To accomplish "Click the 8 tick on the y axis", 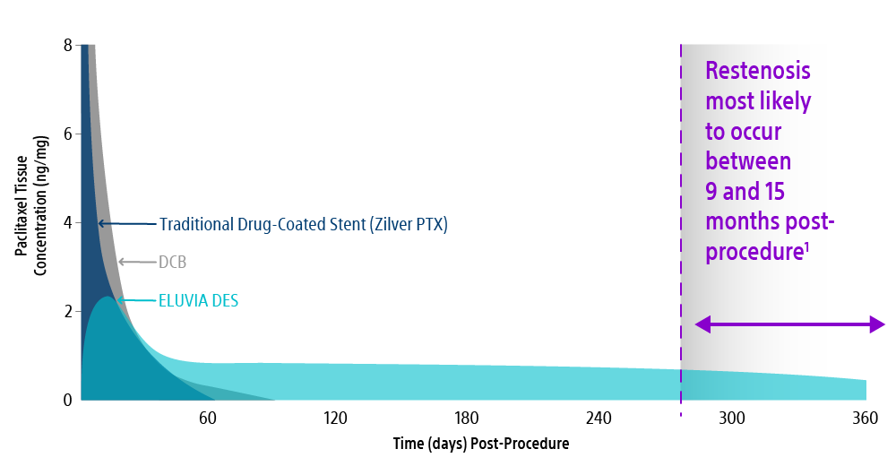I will coord(67,45).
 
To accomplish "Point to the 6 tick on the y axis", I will coord(67,134).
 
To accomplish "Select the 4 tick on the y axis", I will coord(67,222).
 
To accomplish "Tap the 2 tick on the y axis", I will coord(67,311).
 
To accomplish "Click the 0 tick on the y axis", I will coord(67,400).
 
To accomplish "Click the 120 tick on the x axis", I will coord(336,418).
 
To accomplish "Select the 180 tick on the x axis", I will coord(467,418).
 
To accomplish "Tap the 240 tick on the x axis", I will coord(599,418).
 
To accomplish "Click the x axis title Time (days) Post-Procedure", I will coord(480,444).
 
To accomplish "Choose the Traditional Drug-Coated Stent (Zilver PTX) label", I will coord(303,224).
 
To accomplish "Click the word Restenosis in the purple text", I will coord(757,71).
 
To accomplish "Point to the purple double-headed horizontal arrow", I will coord(789,324).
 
